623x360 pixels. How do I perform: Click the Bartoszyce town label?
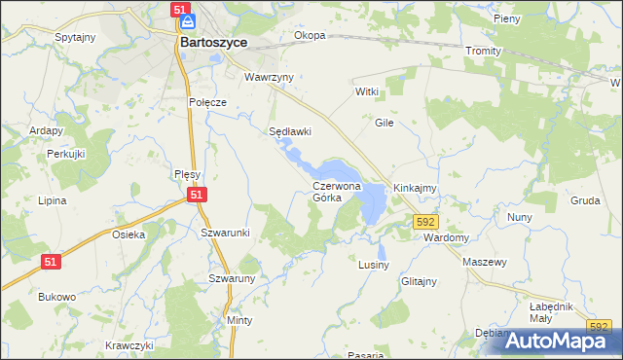click(x=213, y=44)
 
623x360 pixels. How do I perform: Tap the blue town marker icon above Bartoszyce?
click(x=188, y=20)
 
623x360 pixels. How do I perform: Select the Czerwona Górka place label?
click(x=337, y=191)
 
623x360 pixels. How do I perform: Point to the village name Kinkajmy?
click(x=414, y=187)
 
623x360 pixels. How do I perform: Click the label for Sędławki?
click(x=289, y=131)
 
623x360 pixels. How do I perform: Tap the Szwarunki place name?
click(x=225, y=233)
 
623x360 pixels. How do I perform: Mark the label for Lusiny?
click(x=374, y=265)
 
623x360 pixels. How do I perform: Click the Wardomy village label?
click(x=447, y=237)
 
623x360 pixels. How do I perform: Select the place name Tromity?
click(x=483, y=51)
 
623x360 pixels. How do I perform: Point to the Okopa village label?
click(x=310, y=36)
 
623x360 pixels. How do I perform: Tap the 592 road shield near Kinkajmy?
click(x=424, y=223)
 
